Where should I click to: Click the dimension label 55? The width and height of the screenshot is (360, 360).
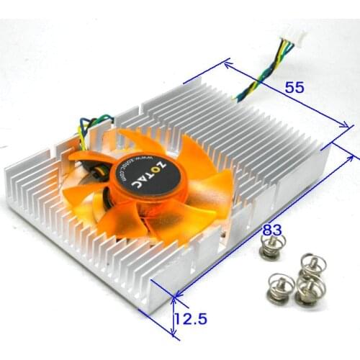tap(294, 88)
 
